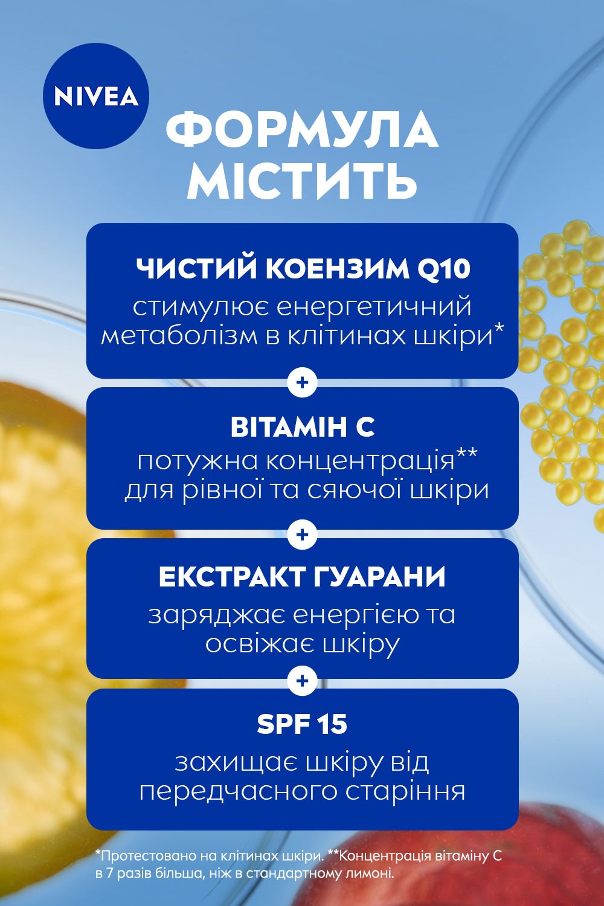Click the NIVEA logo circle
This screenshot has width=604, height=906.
[x=95, y=96]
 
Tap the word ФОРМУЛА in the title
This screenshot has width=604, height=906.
[x=302, y=130]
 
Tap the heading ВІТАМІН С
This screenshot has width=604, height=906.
[x=302, y=427]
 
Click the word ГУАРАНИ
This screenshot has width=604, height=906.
[x=380, y=577]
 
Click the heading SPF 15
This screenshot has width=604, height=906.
[x=302, y=724]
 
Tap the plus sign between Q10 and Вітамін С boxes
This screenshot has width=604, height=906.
[x=303, y=383]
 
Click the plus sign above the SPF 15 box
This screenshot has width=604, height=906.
[x=303, y=681]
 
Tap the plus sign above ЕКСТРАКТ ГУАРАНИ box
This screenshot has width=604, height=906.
[x=303, y=535]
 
